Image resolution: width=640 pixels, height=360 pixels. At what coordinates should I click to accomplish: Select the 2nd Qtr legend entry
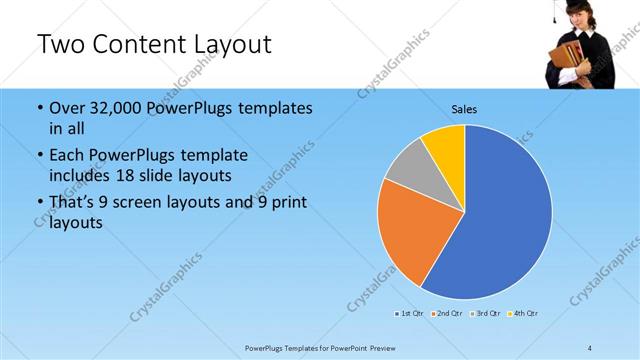click(x=446, y=314)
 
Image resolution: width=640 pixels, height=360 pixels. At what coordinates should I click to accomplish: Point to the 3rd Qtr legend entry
click(x=486, y=314)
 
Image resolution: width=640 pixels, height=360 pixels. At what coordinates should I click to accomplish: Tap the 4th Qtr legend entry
click(x=524, y=314)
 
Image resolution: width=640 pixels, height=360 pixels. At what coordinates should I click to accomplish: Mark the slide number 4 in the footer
click(x=590, y=347)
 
